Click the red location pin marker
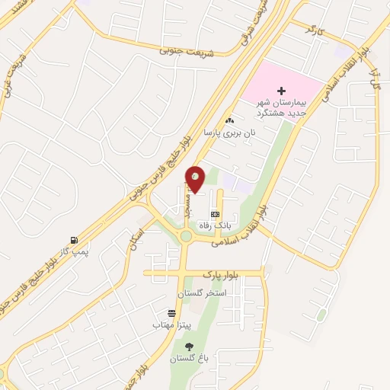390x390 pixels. click(196, 177)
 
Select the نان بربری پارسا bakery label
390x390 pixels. click(229, 132)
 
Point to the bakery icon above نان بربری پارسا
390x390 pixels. click(229, 120)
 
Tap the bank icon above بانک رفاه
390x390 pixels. click(216, 214)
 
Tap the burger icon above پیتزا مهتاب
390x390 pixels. click(172, 313)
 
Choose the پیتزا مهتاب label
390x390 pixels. click(171, 325)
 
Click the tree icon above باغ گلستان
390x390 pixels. click(189, 347)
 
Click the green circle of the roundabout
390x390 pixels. click(185, 237)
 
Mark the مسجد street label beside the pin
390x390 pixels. click(185, 202)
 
